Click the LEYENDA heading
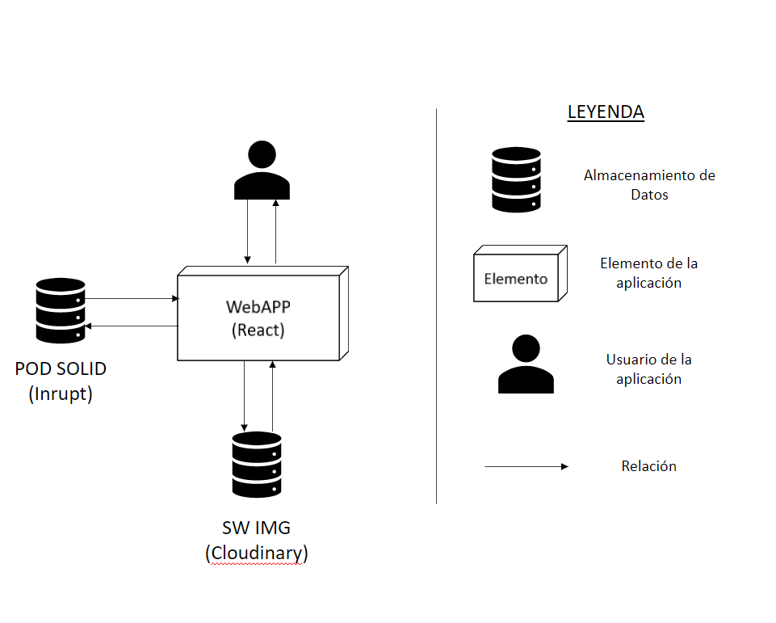click(x=606, y=112)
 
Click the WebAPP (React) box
click(x=258, y=318)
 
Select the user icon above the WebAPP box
click(x=262, y=170)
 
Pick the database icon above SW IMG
click(x=257, y=464)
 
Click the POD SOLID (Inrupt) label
click(x=61, y=381)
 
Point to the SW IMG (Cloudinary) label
click(x=257, y=541)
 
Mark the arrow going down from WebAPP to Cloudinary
click(x=244, y=396)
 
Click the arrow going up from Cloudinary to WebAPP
click(x=273, y=396)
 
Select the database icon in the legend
click(x=516, y=179)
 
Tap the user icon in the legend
click(x=526, y=364)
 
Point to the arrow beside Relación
click(x=526, y=466)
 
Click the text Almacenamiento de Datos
click(x=649, y=184)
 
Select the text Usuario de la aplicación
click(x=648, y=368)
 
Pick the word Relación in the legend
click(x=648, y=466)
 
